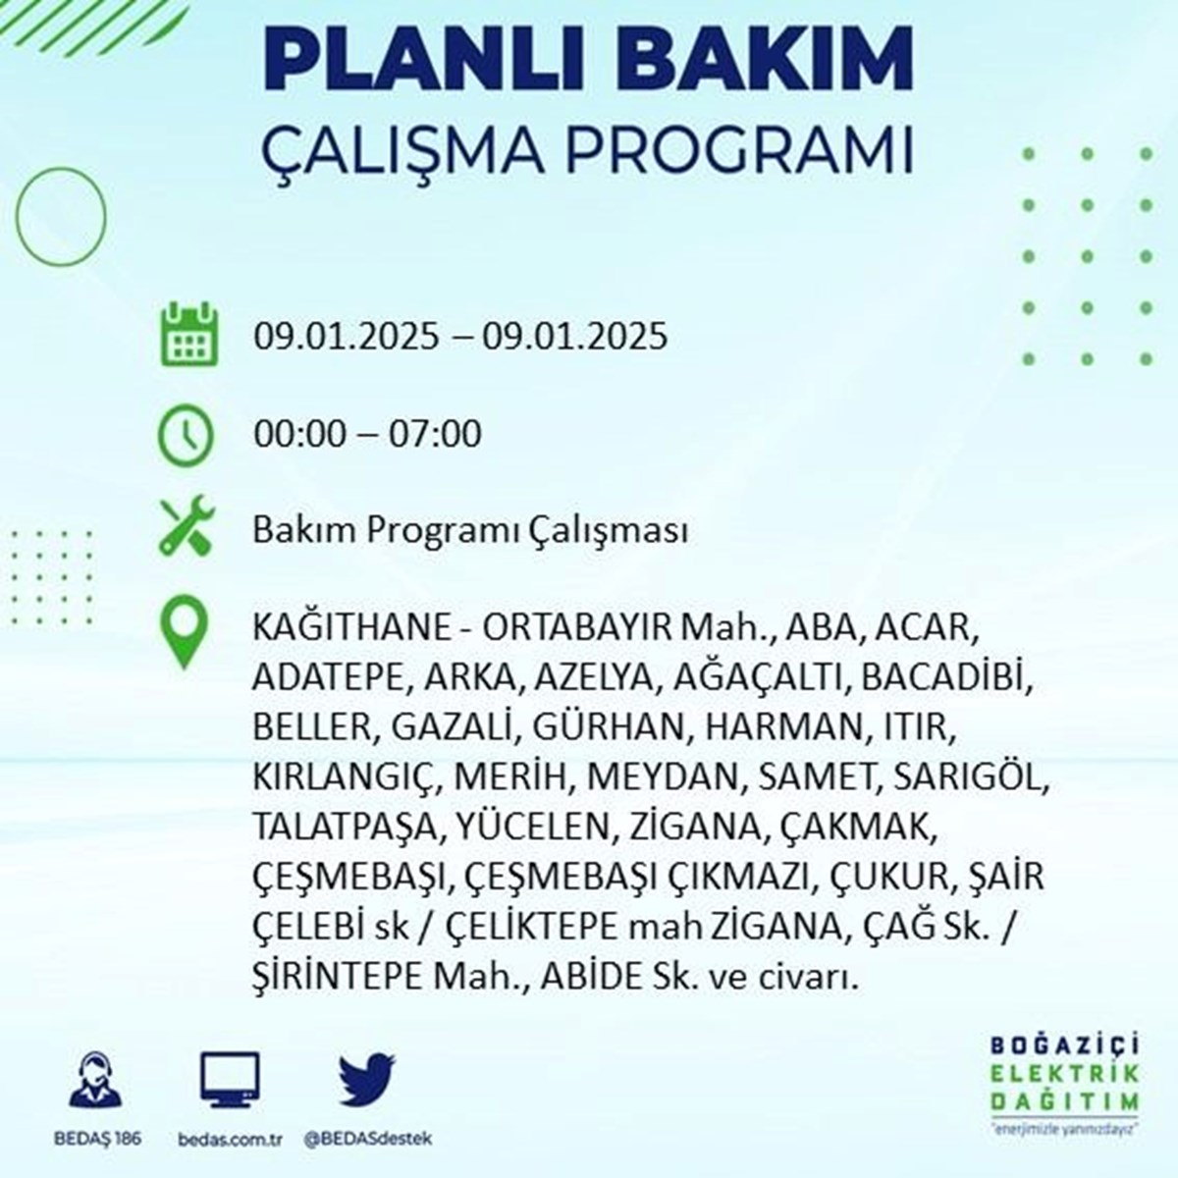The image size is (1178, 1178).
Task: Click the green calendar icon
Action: tap(188, 334)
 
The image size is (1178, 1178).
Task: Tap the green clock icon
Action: tap(187, 435)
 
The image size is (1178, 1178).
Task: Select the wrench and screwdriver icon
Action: tap(187, 525)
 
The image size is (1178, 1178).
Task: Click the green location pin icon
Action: tap(184, 632)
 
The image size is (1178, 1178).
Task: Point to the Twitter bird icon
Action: tap(367, 1078)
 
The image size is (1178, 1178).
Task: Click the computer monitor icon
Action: tap(230, 1080)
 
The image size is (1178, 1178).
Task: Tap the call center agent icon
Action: tap(95, 1080)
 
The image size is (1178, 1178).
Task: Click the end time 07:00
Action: tap(435, 434)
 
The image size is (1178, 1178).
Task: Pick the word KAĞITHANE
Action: tap(351, 627)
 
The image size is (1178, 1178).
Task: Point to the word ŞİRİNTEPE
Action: tap(337, 977)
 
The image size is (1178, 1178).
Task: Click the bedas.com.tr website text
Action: tap(230, 1140)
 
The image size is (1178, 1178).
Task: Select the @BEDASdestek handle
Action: tap(367, 1140)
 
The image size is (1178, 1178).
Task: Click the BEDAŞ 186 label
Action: tap(98, 1140)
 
